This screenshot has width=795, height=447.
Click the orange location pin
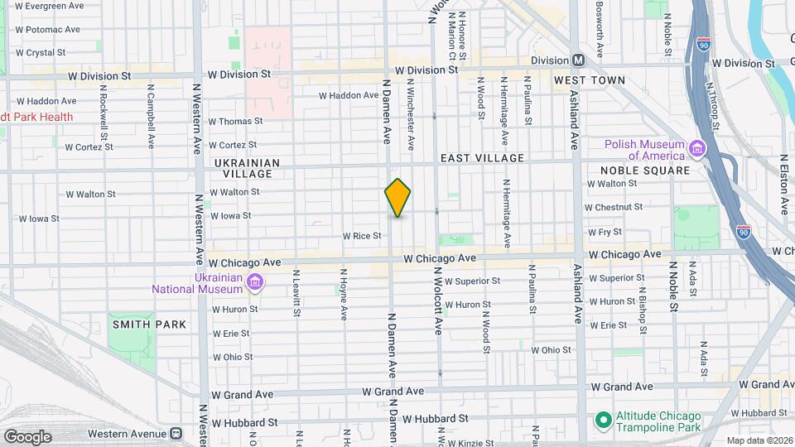point(397,198)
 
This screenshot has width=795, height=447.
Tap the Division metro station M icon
point(578,60)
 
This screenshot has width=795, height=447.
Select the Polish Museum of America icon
point(696,149)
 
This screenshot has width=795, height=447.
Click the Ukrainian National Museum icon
point(255,283)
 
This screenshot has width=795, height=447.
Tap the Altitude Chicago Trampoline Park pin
point(602,421)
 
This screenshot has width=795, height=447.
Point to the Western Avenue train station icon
point(176,433)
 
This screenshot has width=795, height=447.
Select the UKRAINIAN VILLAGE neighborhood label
point(248,168)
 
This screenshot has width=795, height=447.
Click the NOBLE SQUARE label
point(645,171)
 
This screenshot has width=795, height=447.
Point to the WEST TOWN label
point(590,80)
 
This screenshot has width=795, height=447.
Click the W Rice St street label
point(362,236)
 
